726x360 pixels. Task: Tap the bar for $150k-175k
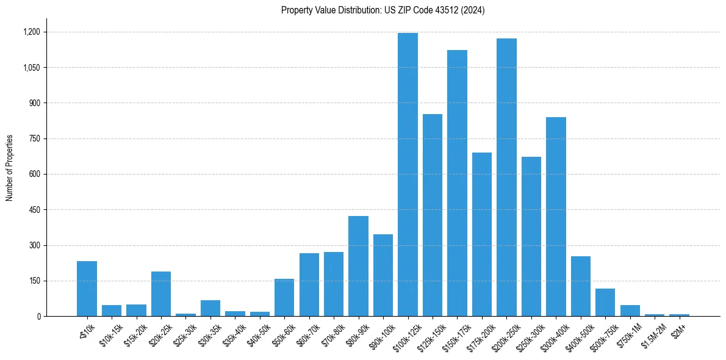(x=457, y=183)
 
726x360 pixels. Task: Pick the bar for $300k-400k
(x=556, y=217)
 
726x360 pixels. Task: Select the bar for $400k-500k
(x=580, y=286)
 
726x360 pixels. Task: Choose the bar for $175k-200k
(x=482, y=234)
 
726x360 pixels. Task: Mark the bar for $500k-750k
(x=605, y=303)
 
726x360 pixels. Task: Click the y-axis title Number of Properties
(x=9, y=168)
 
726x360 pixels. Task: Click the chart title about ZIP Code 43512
(x=383, y=10)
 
